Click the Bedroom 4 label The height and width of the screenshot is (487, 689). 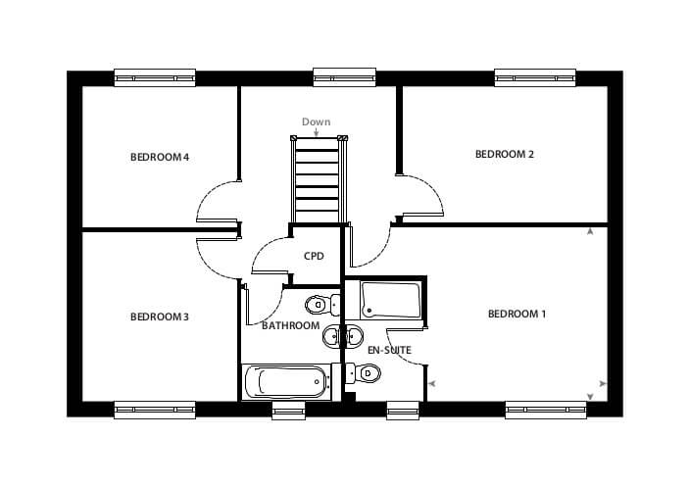[x=160, y=157]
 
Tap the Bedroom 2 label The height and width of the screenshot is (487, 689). [x=505, y=154]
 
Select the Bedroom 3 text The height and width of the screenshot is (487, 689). [x=160, y=317]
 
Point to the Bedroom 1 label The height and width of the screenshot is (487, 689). [x=517, y=314]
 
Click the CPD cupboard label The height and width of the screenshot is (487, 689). [x=314, y=256]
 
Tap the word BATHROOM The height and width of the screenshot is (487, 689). [x=290, y=325]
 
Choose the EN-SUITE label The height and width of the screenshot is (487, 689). [x=389, y=350]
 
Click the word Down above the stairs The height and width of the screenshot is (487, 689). [x=316, y=122]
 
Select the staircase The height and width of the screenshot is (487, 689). [x=319, y=179]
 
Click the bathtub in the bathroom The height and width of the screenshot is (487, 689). [x=286, y=382]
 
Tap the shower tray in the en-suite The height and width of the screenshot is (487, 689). [x=391, y=300]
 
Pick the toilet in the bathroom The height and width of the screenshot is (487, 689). [x=322, y=305]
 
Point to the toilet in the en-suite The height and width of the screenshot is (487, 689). [x=363, y=373]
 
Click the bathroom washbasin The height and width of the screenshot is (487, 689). [x=331, y=336]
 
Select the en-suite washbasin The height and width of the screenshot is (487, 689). [x=354, y=336]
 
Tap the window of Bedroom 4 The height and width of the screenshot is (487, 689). [x=155, y=77]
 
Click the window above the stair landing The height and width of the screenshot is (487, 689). [x=345, y=76]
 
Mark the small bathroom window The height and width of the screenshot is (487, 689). [x=288, y=411]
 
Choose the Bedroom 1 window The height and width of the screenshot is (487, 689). [x=546, y=411]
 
